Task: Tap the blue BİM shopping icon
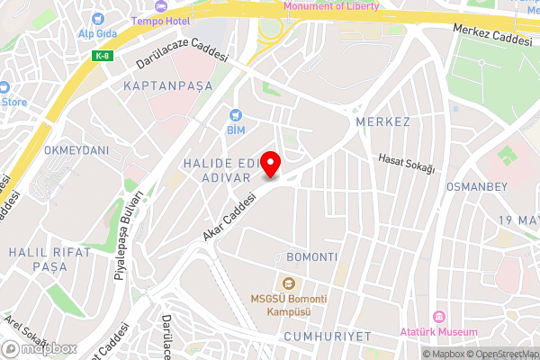(x=236, y=115)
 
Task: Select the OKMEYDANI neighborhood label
(x=76, y=149)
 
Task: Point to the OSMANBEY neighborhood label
(x=477, y=186)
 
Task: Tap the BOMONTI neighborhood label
(x=311, y=257)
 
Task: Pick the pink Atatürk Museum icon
(x=440, y=318)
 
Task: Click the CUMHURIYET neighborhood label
(x=327, y=336)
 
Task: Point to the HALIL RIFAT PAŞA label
(x=49, y=260)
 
